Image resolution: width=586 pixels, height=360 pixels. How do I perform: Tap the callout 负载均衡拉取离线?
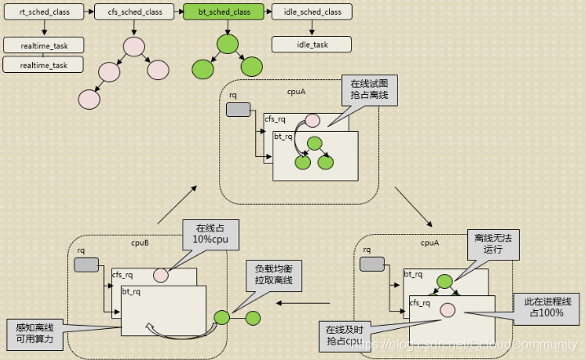(x=273, y=275)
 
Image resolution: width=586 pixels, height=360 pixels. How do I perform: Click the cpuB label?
(x=141, y=243)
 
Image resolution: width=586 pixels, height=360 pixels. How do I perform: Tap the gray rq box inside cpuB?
(x=86, y=264)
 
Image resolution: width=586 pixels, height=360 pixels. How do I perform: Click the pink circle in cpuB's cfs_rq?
(x=161, y=276)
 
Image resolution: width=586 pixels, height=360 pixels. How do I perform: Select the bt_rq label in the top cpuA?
(x=284, y=137)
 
